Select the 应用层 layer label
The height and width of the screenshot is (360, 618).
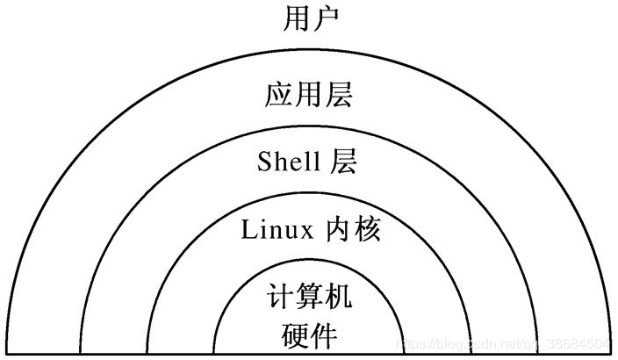pyautogui.click(x=308, y=96)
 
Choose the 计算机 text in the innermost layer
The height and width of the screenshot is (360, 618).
pyautogui.click(x=308, y=299)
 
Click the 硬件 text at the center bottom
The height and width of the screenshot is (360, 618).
pyautogui.click(x=308, y=335)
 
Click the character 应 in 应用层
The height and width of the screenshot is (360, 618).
pyautogui.click(x=278, y=96)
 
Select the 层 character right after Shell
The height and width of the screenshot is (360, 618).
pyautogui.click(x=344, y=162)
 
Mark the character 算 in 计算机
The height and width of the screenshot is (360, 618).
pyautogui.click(x=308, y=299)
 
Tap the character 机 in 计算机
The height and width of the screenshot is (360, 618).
pyautogui.click(x=338, y=299)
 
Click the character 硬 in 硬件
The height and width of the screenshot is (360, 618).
pyautogui.click(x=293, y=335)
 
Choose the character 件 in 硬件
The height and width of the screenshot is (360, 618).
pyautogui.click(x=323, y=335)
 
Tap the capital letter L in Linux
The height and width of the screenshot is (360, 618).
pyautogui.click(x=247, y=230)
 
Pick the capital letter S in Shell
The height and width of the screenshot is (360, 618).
pyautogui.click(x=263, y=162)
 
